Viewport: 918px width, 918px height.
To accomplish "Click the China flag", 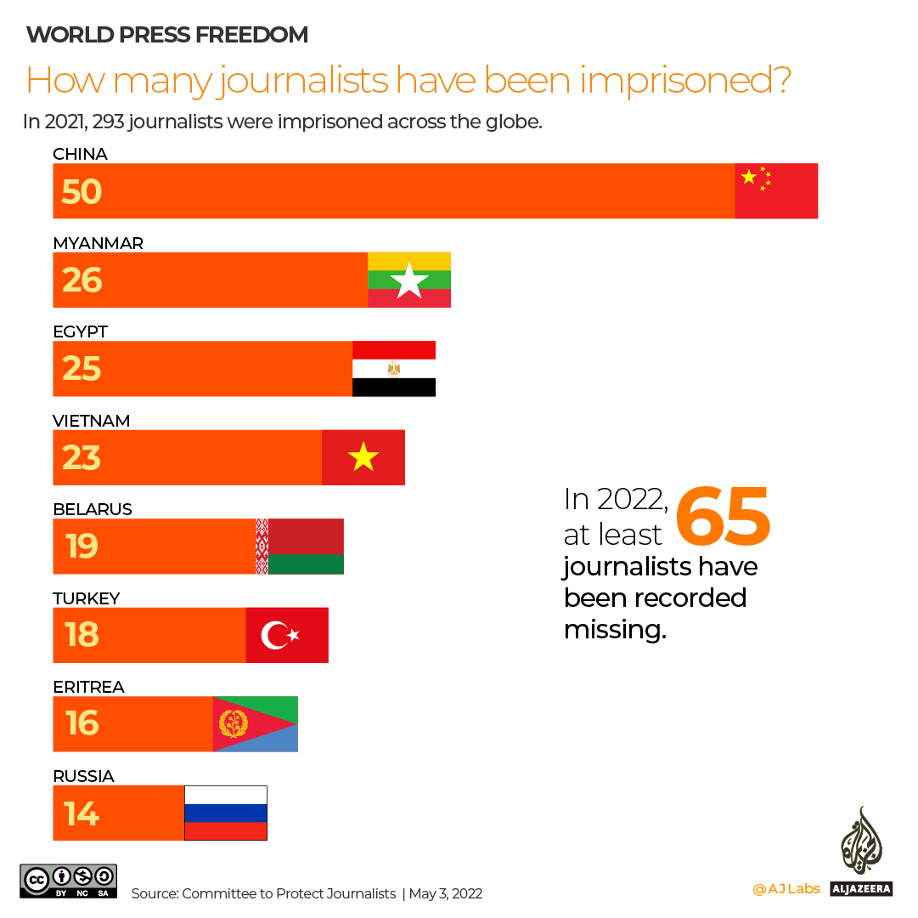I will [x=776, y=191].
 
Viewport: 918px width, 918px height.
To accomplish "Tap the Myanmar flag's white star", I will [x=408, y=281].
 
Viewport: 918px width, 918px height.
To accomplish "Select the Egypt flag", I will [x=394, y=369].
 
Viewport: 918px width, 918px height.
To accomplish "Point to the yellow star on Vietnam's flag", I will [x=363, y=457].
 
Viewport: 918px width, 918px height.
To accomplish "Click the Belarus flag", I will [x=300, y=547].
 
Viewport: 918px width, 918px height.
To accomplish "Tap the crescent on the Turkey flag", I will [x=275, y=635].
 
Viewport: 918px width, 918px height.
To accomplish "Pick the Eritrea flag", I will [x=255, y=723].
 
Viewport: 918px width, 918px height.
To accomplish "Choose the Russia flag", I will [x=226, y=813].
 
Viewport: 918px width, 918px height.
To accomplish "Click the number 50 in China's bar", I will [x=82, y=192].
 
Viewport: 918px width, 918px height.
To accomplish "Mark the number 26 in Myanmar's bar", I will [x=82, y=280].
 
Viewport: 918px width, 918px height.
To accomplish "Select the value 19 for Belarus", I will [x=82, y=547].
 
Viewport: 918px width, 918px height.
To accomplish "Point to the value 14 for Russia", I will [x=82, y=813].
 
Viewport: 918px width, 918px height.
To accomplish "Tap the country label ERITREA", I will [x=88, y=687].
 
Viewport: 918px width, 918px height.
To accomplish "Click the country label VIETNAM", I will [x=91, y=421].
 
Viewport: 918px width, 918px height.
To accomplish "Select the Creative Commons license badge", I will [x=69, y=881].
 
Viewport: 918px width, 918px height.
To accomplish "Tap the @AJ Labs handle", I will [x=786, y=889].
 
